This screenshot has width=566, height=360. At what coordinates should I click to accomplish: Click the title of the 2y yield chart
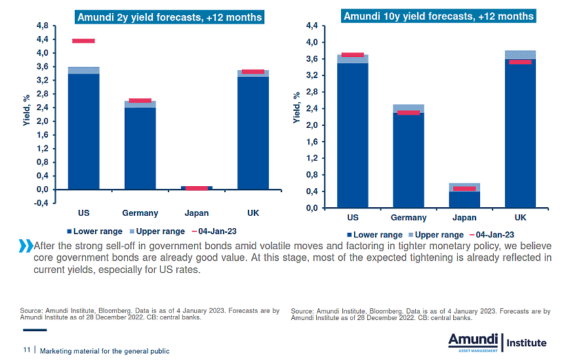[169, 16]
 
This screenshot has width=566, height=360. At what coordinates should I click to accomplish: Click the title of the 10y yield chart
[438, 16]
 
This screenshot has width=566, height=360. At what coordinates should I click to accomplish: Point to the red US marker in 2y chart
[83, 41]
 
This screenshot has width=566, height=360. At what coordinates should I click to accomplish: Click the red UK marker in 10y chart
[520, 62]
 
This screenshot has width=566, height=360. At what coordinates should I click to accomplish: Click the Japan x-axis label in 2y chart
[196, 213]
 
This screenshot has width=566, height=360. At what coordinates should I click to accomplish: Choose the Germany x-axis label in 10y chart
[409, 218]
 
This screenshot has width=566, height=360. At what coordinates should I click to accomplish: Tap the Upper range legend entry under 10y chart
[435, 235]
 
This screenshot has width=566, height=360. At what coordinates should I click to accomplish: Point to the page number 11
[27, 351]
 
